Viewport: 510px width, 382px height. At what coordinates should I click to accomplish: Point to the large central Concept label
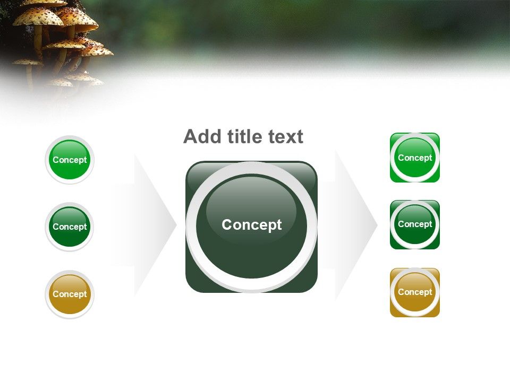[251, 225]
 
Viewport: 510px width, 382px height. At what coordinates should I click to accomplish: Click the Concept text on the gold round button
[70, 294]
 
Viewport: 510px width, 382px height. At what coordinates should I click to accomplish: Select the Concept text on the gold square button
[415, 292]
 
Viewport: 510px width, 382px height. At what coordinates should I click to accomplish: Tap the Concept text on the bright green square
[415, 158]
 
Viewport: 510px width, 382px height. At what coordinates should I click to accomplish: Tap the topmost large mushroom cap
[37, 16]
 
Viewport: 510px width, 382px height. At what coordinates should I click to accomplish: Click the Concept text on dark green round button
[70, 227]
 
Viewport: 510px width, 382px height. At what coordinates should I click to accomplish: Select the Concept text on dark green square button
[415, 224]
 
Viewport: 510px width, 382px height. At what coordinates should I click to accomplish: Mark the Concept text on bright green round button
[70, 160]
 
